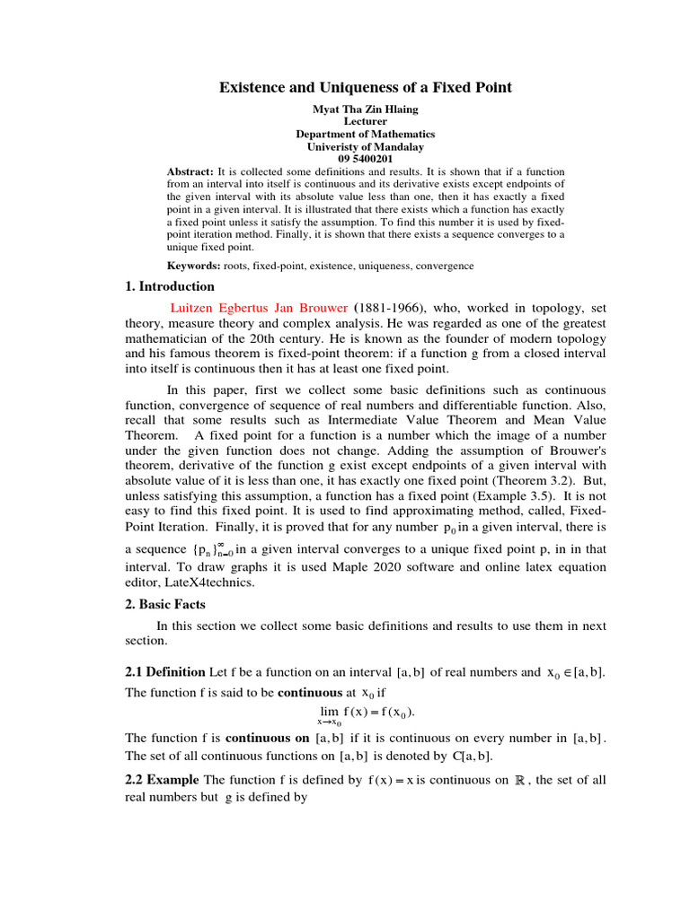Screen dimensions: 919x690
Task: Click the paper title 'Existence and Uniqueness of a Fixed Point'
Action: pyautogui.click(x=366, y=87)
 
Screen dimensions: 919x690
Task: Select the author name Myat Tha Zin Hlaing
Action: pyautogui.click(x=366, y=109)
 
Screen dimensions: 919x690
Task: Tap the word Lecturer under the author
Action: pyautogui.click(x=366, y=121)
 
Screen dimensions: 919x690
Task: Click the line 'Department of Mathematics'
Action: pyautogui.click(x=366, y=134)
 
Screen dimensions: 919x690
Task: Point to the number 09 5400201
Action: pyautogui.click(x=366, y=159)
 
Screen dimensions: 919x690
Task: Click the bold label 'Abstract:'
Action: pyautogui.click(x=190, y=171)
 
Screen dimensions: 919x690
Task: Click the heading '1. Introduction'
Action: pyautogui.click(x=170, y=287)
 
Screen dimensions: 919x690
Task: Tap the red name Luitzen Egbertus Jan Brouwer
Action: pyautogui.click(x=259, y=307)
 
